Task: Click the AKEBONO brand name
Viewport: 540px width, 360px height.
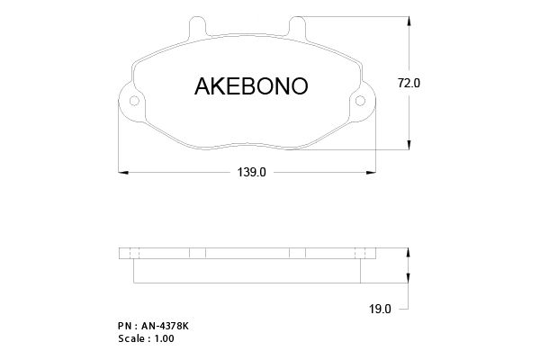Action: [251, 86]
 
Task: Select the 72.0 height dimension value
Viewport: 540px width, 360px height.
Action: [409, 83]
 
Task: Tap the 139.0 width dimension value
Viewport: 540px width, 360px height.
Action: [252, 172]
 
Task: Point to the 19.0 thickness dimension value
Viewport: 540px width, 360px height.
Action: [380, 309]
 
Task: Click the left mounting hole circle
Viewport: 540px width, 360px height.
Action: [134, 101]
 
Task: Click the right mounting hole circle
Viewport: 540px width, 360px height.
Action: [360, 101]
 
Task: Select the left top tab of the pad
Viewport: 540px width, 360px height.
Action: [198, 27]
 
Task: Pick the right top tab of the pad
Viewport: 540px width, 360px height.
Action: [297, 27]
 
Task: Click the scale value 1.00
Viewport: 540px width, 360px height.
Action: [165, 338]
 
